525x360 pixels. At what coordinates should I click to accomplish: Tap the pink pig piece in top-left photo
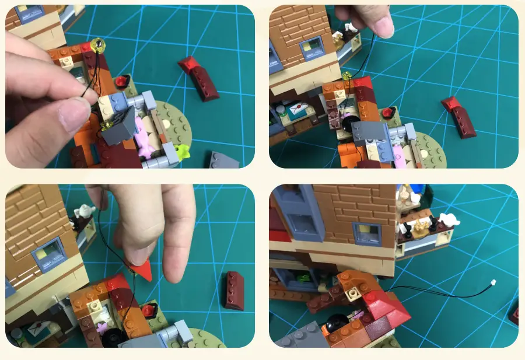click(143, 134)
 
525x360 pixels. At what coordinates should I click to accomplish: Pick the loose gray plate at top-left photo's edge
click(225, 159)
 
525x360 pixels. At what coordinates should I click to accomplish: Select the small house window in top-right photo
click(310, 45)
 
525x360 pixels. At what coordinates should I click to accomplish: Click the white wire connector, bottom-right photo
click(495, 284)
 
